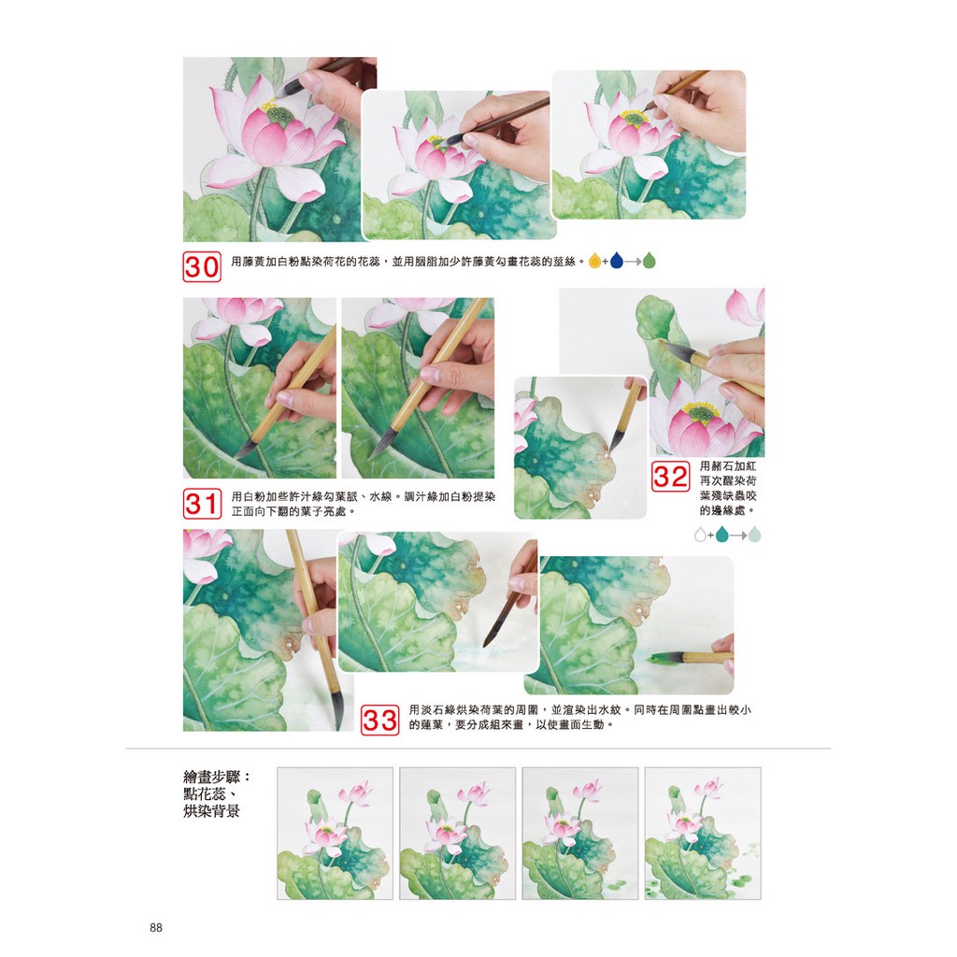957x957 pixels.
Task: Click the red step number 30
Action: (202, 266)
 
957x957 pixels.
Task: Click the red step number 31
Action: (202, 504)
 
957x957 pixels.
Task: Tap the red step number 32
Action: (671, 476)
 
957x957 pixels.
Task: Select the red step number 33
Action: (379, 721)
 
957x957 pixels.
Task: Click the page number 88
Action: (156, 928)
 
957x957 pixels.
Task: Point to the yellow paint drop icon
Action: (594, 262)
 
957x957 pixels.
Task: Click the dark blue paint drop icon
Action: (617, 261)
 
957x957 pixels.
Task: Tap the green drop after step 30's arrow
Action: (650, 261)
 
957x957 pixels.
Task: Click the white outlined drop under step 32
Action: (700, 536)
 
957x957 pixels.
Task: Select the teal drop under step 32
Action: (722, 535)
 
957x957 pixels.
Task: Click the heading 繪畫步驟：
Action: (217, 777)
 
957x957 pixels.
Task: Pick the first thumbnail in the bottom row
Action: (336, 833)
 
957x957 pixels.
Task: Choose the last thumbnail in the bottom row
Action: (703, 833)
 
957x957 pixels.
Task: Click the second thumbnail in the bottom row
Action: (458, 833)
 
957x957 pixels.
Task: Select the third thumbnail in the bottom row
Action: (580, 833)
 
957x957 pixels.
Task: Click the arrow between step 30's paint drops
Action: (633, 262)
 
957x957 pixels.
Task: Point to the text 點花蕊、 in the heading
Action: (210, 794)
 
